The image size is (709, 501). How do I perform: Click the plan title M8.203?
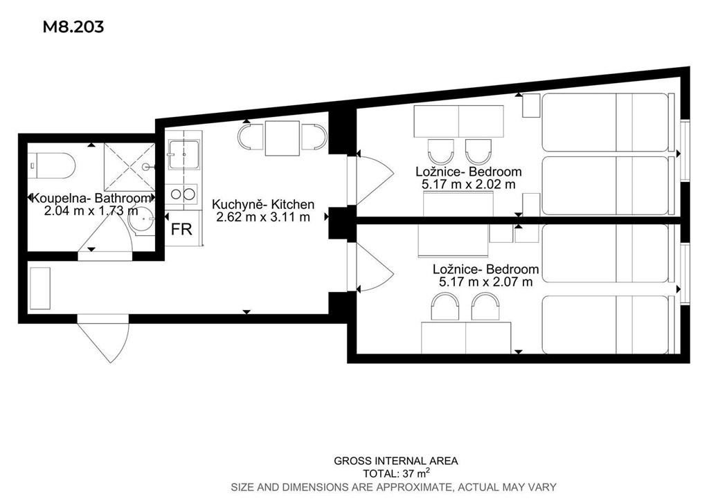pyautogui.click(x=73, y=27)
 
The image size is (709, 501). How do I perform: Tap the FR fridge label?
pyautogui.click(x=181, y=229)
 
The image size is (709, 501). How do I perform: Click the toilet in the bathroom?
pyautogui.click(x=51, y=166)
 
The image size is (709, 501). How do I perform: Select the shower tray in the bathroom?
pyautogui.click(x=129, y=167)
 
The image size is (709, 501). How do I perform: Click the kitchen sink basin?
pyautogui.click(x=183, y=154)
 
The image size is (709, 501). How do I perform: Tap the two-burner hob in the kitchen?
pyautogui.click(x=183, y=194)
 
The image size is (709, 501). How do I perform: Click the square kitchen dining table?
pyautogui.click(x=283, y=138)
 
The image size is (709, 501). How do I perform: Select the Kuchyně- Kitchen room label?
pyautogui.click(x=263, y=204)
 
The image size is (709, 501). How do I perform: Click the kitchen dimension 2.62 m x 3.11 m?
pyautogui.click(x=263, y=217)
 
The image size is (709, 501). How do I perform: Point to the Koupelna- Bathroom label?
pyautogui.click(x=92, y=198)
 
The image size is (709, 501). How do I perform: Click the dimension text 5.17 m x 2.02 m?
pyautogui.click(x=469, y=184)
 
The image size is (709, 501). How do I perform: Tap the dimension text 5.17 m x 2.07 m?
pyautogui.click(x=485, y=282)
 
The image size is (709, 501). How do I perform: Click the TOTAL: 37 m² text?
pyautogui.click(x=396, y=473)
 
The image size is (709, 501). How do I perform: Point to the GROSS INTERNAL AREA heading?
pyautogui.click(x=396, y=461)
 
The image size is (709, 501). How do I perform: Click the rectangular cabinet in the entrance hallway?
pyautogui.click(x=39, y=289)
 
